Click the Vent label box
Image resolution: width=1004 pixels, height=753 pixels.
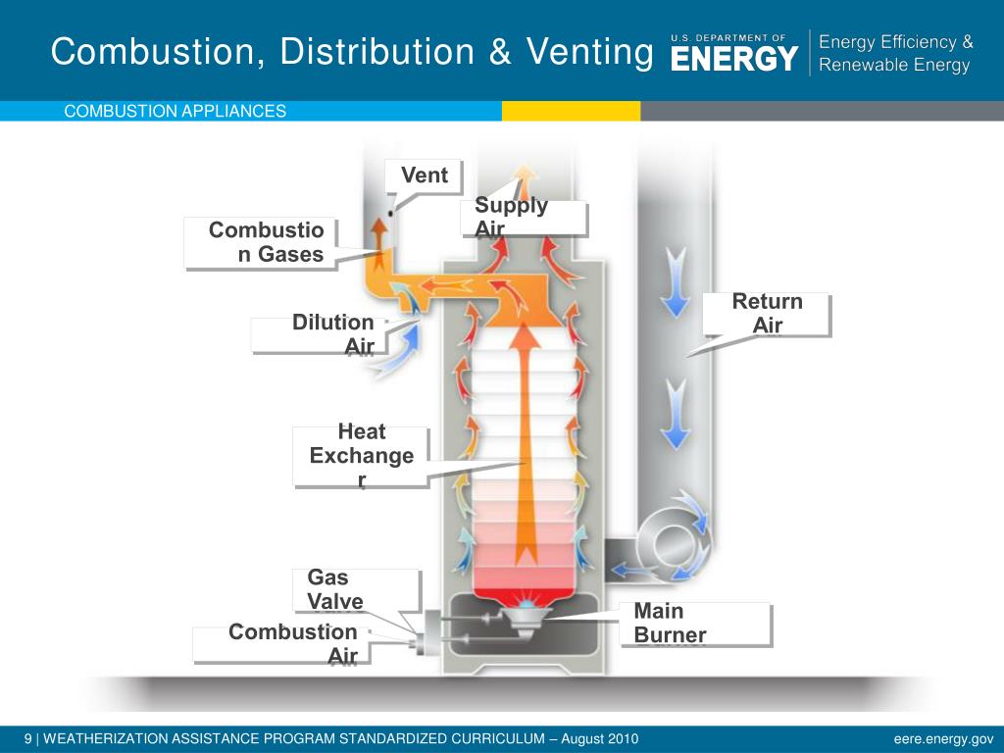point(424,176)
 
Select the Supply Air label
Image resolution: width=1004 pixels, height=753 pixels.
point(524,218)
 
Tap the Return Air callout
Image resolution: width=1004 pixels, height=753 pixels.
point(767,314)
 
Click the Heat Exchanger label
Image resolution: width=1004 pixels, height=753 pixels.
point(361,456)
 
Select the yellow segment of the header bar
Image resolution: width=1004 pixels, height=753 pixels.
point(571,111)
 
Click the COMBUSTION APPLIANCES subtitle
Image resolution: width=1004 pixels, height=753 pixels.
point(175,111)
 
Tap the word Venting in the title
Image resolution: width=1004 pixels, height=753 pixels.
point(589,52)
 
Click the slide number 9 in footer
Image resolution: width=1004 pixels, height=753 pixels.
point(28,738)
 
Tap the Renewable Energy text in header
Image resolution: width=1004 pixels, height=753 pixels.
point(893,66)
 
